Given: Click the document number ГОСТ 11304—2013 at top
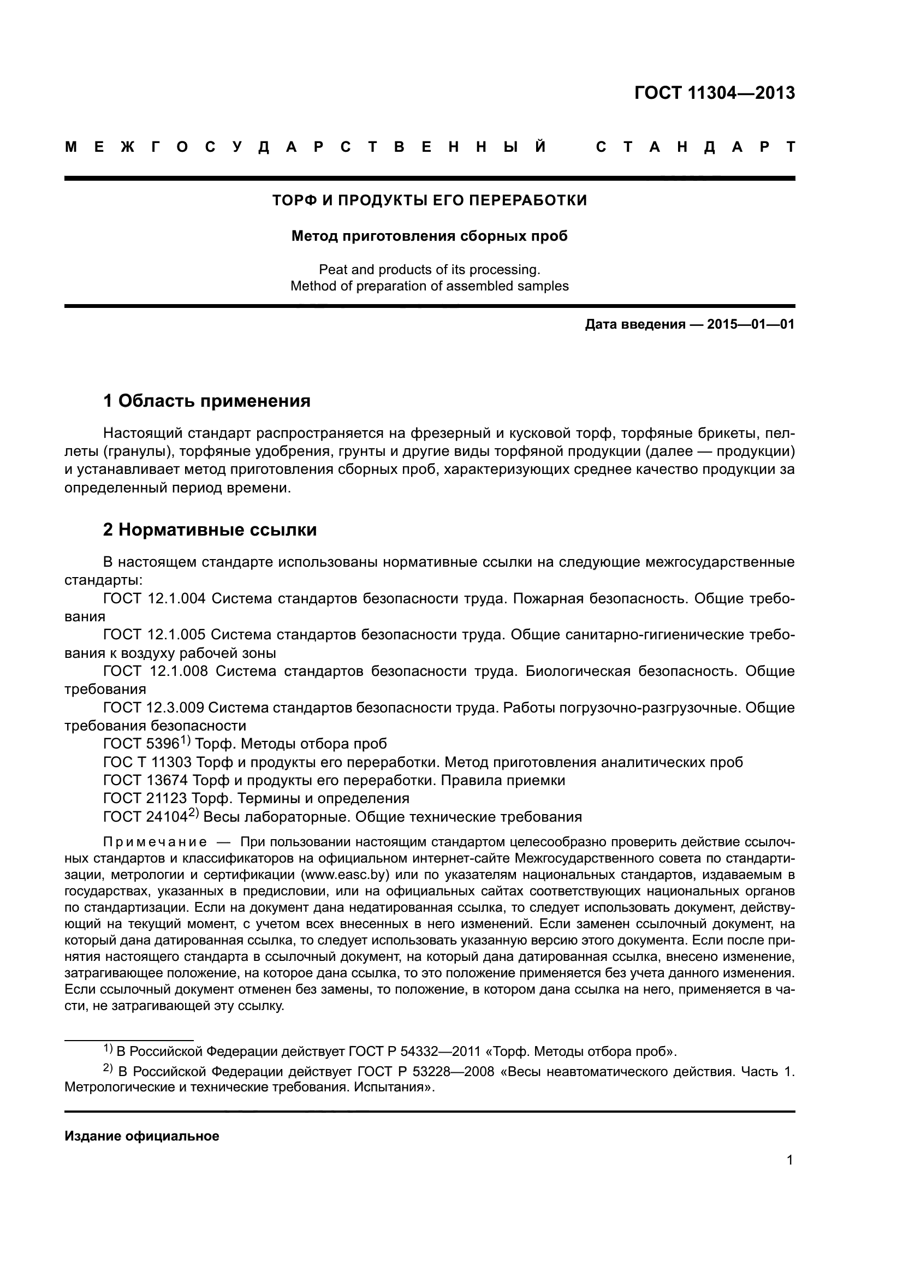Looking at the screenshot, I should point(714,93).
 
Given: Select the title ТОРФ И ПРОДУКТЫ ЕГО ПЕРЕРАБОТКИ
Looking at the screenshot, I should point(429,200).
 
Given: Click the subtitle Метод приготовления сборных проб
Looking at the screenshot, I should point(429,236).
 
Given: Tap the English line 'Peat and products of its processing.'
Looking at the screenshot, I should point(429,270).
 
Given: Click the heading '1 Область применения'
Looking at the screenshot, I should point(207,400).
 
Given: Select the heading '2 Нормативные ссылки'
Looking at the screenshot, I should point(210,530).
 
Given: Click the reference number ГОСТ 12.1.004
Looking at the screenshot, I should point(155,598).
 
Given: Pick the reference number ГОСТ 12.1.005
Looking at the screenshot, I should point(155,634).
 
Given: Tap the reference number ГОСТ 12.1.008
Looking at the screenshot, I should point(156,672).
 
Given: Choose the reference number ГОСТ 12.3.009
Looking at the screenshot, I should point(154,708).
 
